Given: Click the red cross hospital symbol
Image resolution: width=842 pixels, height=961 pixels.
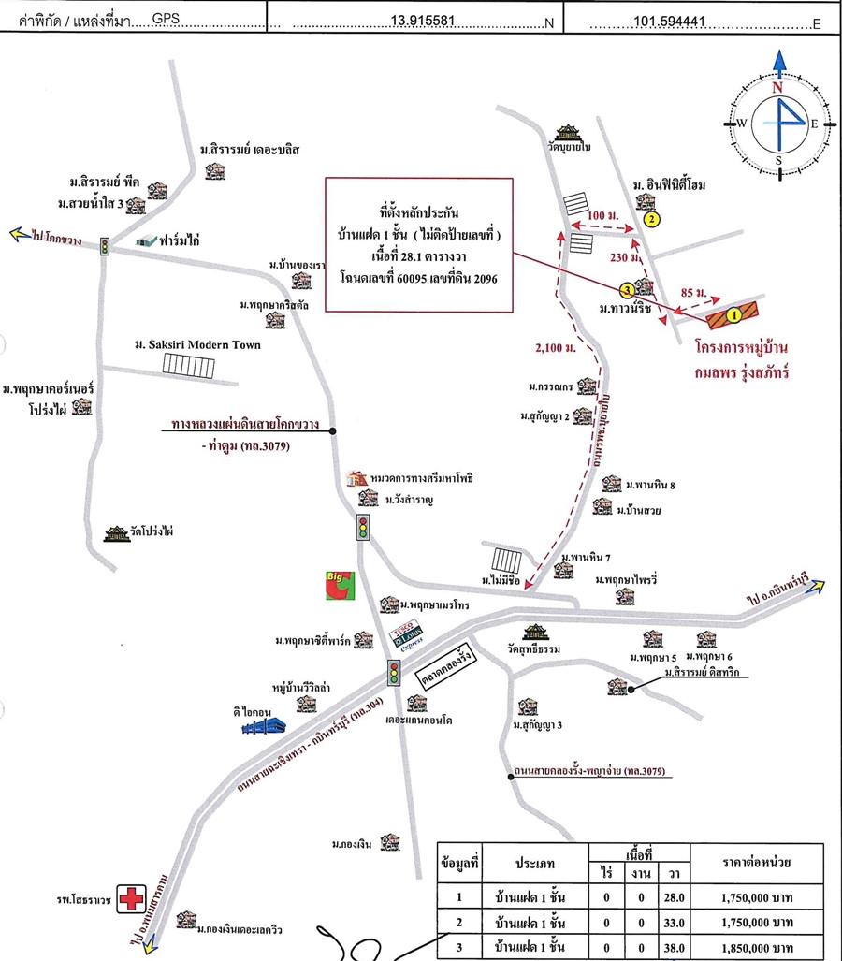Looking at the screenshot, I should tap(130, 898).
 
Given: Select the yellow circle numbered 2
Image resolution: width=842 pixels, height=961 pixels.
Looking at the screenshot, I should tap(652, 219).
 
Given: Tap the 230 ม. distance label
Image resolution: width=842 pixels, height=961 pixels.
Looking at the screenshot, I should tap(622, 257).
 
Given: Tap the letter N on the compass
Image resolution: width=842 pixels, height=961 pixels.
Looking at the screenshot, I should tap(777, 87).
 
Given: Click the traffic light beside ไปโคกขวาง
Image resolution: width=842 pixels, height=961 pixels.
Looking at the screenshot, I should tap(105, 246).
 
